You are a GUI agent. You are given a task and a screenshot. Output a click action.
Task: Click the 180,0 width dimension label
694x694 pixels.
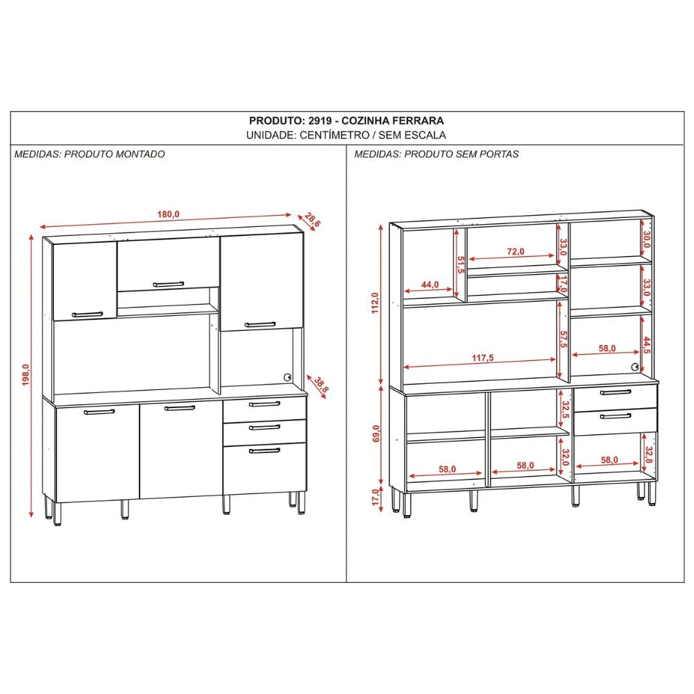168,214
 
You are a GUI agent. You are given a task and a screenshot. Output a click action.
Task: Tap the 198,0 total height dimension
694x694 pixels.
26,375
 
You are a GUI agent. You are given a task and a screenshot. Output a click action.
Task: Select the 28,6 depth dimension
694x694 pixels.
312,219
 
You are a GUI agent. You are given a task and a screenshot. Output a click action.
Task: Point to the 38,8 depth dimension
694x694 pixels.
321,385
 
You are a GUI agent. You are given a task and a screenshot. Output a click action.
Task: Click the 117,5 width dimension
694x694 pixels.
482,357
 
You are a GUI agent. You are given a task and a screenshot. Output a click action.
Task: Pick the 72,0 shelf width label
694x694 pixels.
516,251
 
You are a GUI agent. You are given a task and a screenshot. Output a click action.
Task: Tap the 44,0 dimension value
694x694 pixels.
430,285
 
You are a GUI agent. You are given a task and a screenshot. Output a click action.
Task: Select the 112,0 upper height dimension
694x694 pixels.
375,303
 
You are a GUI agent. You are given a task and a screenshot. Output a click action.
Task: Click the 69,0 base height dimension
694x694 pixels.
375,433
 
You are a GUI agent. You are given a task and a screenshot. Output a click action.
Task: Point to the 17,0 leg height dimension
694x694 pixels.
375,497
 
